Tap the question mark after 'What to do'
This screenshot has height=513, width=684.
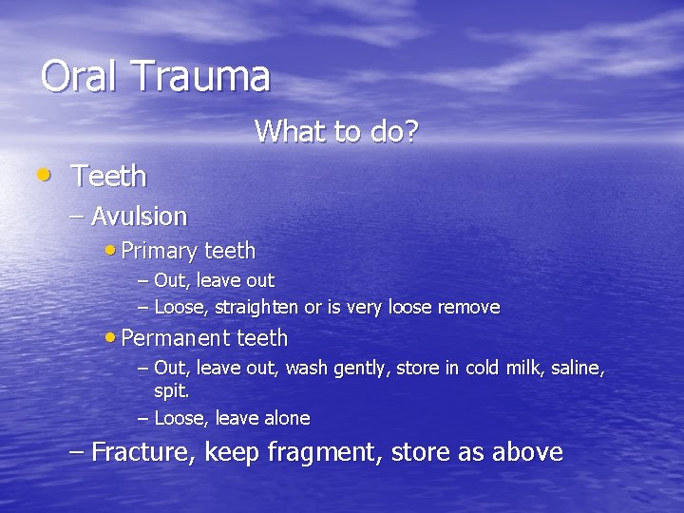(x=410, y=132)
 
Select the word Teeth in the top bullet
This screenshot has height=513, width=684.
(x=109, y=176)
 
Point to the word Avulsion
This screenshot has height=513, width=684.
(x=140, y=217)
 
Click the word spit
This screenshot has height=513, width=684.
(x=172, y=391)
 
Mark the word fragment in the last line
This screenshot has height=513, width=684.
(x=322, y=453)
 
